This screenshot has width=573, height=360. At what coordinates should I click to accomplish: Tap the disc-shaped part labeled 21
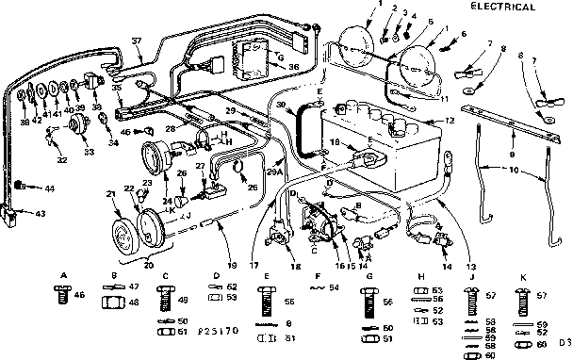[121, 235]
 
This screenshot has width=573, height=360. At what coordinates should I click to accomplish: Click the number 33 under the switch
[62, 151]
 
